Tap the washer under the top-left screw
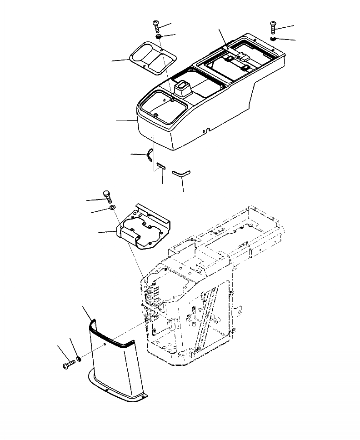(158, 36)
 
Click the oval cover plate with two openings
(150, 58)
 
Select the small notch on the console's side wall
(207, 130)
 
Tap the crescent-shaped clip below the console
(150, 155)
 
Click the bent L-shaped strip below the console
(182, 173)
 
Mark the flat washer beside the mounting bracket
(112, 208)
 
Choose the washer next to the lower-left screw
(80, 359)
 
